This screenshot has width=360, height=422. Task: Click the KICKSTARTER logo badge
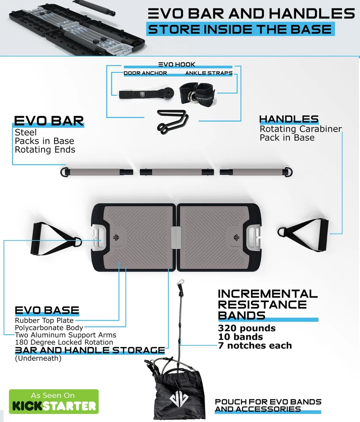54,401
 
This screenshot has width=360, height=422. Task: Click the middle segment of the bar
176,172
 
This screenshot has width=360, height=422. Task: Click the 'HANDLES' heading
289,119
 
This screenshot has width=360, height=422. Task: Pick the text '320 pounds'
246,328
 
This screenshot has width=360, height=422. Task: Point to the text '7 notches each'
255,346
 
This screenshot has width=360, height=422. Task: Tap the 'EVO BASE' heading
47,311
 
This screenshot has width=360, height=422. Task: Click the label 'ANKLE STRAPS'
208,73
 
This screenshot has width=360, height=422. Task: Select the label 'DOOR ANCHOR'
145,73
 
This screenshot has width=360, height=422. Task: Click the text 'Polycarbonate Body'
49,327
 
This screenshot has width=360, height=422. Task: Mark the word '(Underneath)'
38,359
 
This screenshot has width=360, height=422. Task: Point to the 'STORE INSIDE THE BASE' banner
240,30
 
